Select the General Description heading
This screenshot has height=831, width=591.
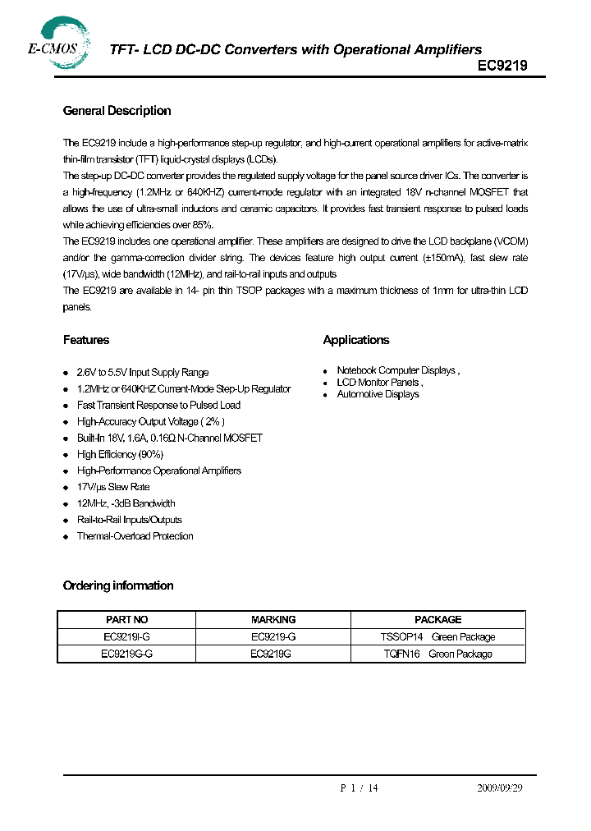tap(117, 111)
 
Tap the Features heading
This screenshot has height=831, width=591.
tap(85, 340)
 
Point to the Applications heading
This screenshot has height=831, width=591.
tap(355, 340)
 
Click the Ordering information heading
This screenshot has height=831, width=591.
tap(118, 585)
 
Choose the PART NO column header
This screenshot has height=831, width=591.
tap(127, 620)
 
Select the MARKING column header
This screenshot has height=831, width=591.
tap(273, 620)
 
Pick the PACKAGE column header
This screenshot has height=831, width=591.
tap(438, 620)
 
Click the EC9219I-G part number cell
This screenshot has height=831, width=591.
tap(127, 637)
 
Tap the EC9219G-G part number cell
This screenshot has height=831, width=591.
tap(127, 654)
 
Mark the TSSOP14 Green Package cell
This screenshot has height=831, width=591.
tap(438, 637)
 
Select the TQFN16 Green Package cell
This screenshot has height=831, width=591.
tap(438, 654)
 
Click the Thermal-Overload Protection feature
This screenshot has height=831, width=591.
tap(135, 536)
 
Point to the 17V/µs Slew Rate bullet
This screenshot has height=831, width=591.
tap(112, 487)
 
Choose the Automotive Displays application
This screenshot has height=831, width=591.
tap(378, 394)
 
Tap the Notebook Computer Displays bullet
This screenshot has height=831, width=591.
tap(397, 370)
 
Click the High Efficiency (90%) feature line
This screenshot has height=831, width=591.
tap(120, 454)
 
